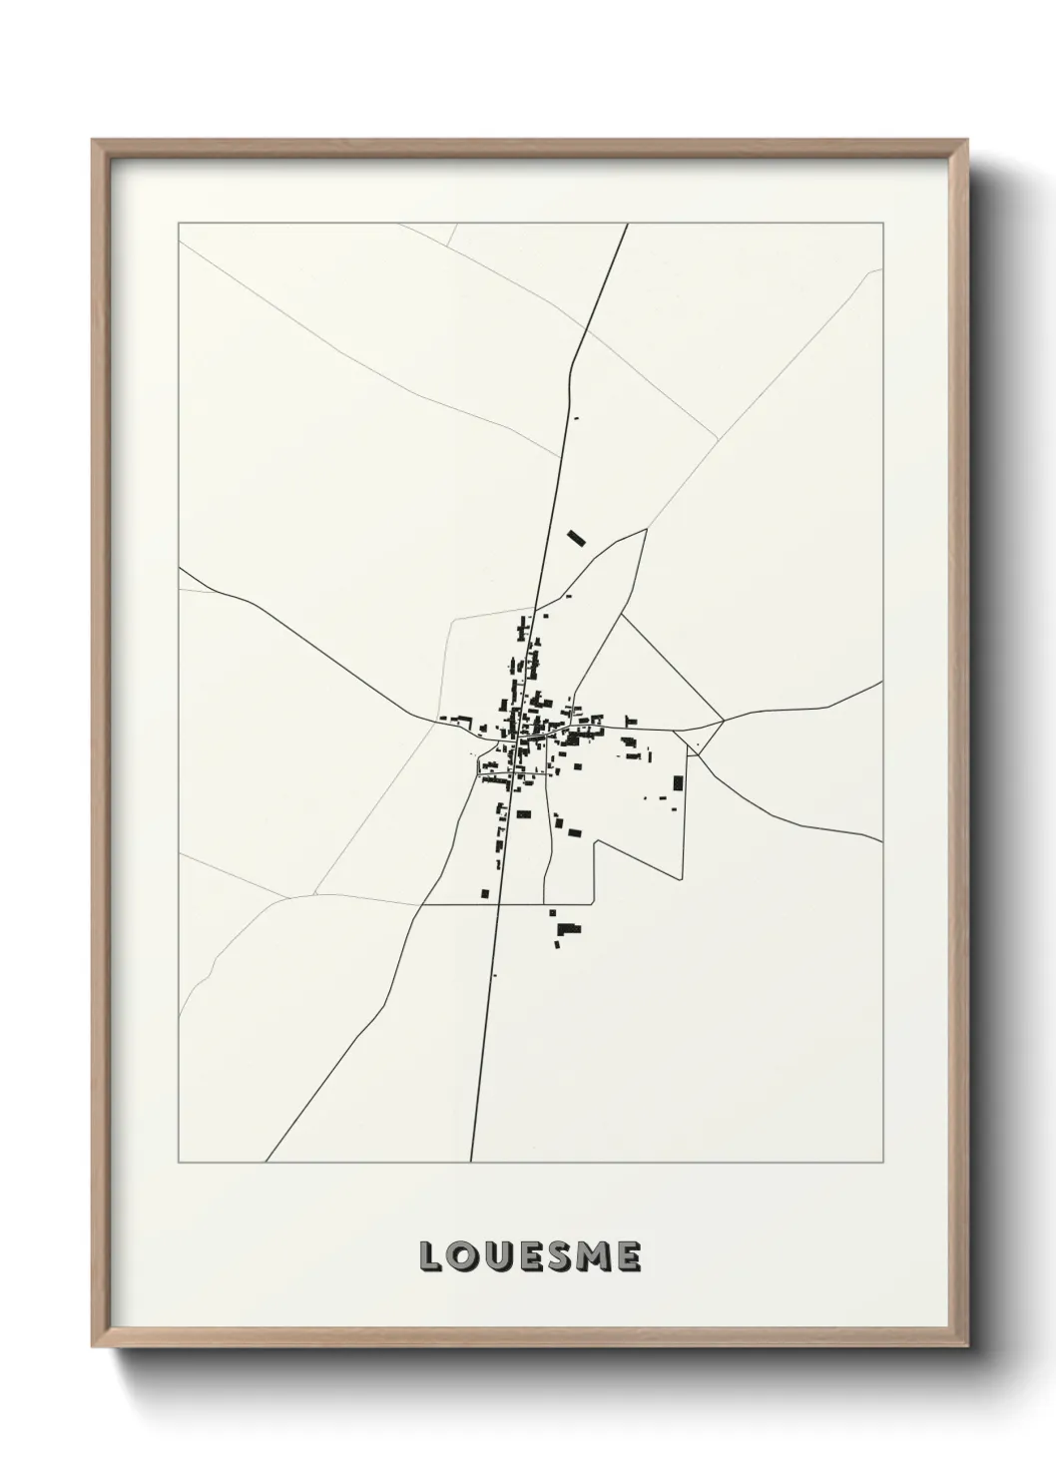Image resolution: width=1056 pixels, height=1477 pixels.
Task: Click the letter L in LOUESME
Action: pos(430,1257)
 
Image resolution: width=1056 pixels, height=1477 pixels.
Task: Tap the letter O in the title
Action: pos(463,1257)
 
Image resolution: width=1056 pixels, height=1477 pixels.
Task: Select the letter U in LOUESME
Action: pos(496,1257)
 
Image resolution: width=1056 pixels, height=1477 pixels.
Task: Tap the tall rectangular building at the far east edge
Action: pos(679,783)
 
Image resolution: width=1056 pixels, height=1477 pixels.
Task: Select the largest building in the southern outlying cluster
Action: pos(568,929)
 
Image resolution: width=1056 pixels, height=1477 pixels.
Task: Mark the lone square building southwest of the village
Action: pos(485,893)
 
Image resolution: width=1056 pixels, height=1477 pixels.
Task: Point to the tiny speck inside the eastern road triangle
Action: pos(698,745)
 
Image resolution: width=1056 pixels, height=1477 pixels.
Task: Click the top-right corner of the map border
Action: pos(882,224)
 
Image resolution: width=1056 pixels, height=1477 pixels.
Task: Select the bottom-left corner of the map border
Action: pos(179,1163)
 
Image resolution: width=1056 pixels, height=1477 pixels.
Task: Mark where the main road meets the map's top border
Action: pos(627,224)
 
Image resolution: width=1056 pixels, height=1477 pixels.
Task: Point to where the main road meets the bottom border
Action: pos(470,1163)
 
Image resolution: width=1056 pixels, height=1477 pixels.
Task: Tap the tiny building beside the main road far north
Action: pos(575,418)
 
